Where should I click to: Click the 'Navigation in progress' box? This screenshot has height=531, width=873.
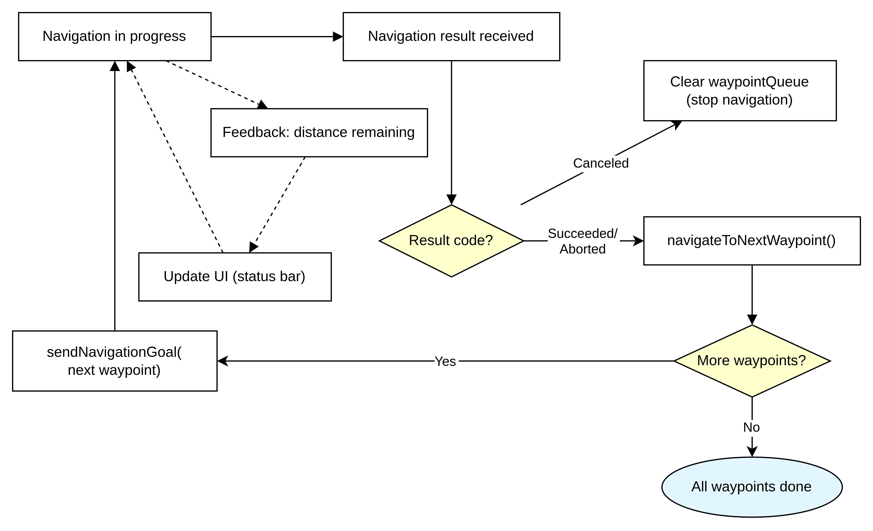tap(114, 36)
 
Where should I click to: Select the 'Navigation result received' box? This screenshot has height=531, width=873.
tap(451, 36)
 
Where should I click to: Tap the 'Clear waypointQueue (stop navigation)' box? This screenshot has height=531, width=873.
tap(740, 91)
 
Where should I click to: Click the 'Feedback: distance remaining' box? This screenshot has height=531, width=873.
tap(319, 132)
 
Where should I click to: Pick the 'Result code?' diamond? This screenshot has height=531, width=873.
tap(451, 241)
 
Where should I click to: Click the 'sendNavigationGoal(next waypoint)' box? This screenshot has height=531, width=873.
tap(114, 361)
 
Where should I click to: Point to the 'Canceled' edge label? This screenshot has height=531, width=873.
tap(601, 163)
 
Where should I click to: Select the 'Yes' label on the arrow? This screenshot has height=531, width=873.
tap(445, 361)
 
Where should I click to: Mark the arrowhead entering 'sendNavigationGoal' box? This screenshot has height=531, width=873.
tap(222, 361)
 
